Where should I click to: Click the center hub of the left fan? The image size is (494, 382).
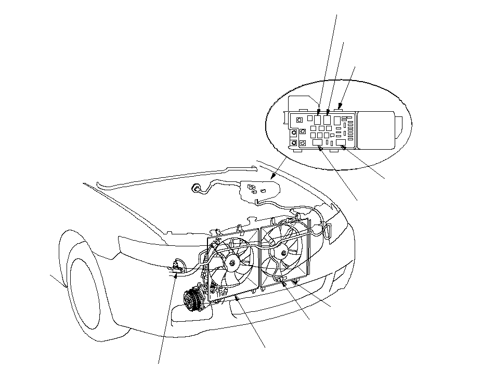pos(229,265)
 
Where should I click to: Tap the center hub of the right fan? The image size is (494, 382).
pos(282,253)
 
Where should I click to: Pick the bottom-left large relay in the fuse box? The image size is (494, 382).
pos(317,142)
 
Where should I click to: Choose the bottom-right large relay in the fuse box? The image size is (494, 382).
pos(341,142)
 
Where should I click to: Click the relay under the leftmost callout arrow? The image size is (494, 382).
pos(317,119)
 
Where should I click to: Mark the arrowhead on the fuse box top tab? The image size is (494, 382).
pos(340,107)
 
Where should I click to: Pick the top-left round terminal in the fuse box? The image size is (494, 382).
pos(299,120)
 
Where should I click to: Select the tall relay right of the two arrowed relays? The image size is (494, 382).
pos(337,121)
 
